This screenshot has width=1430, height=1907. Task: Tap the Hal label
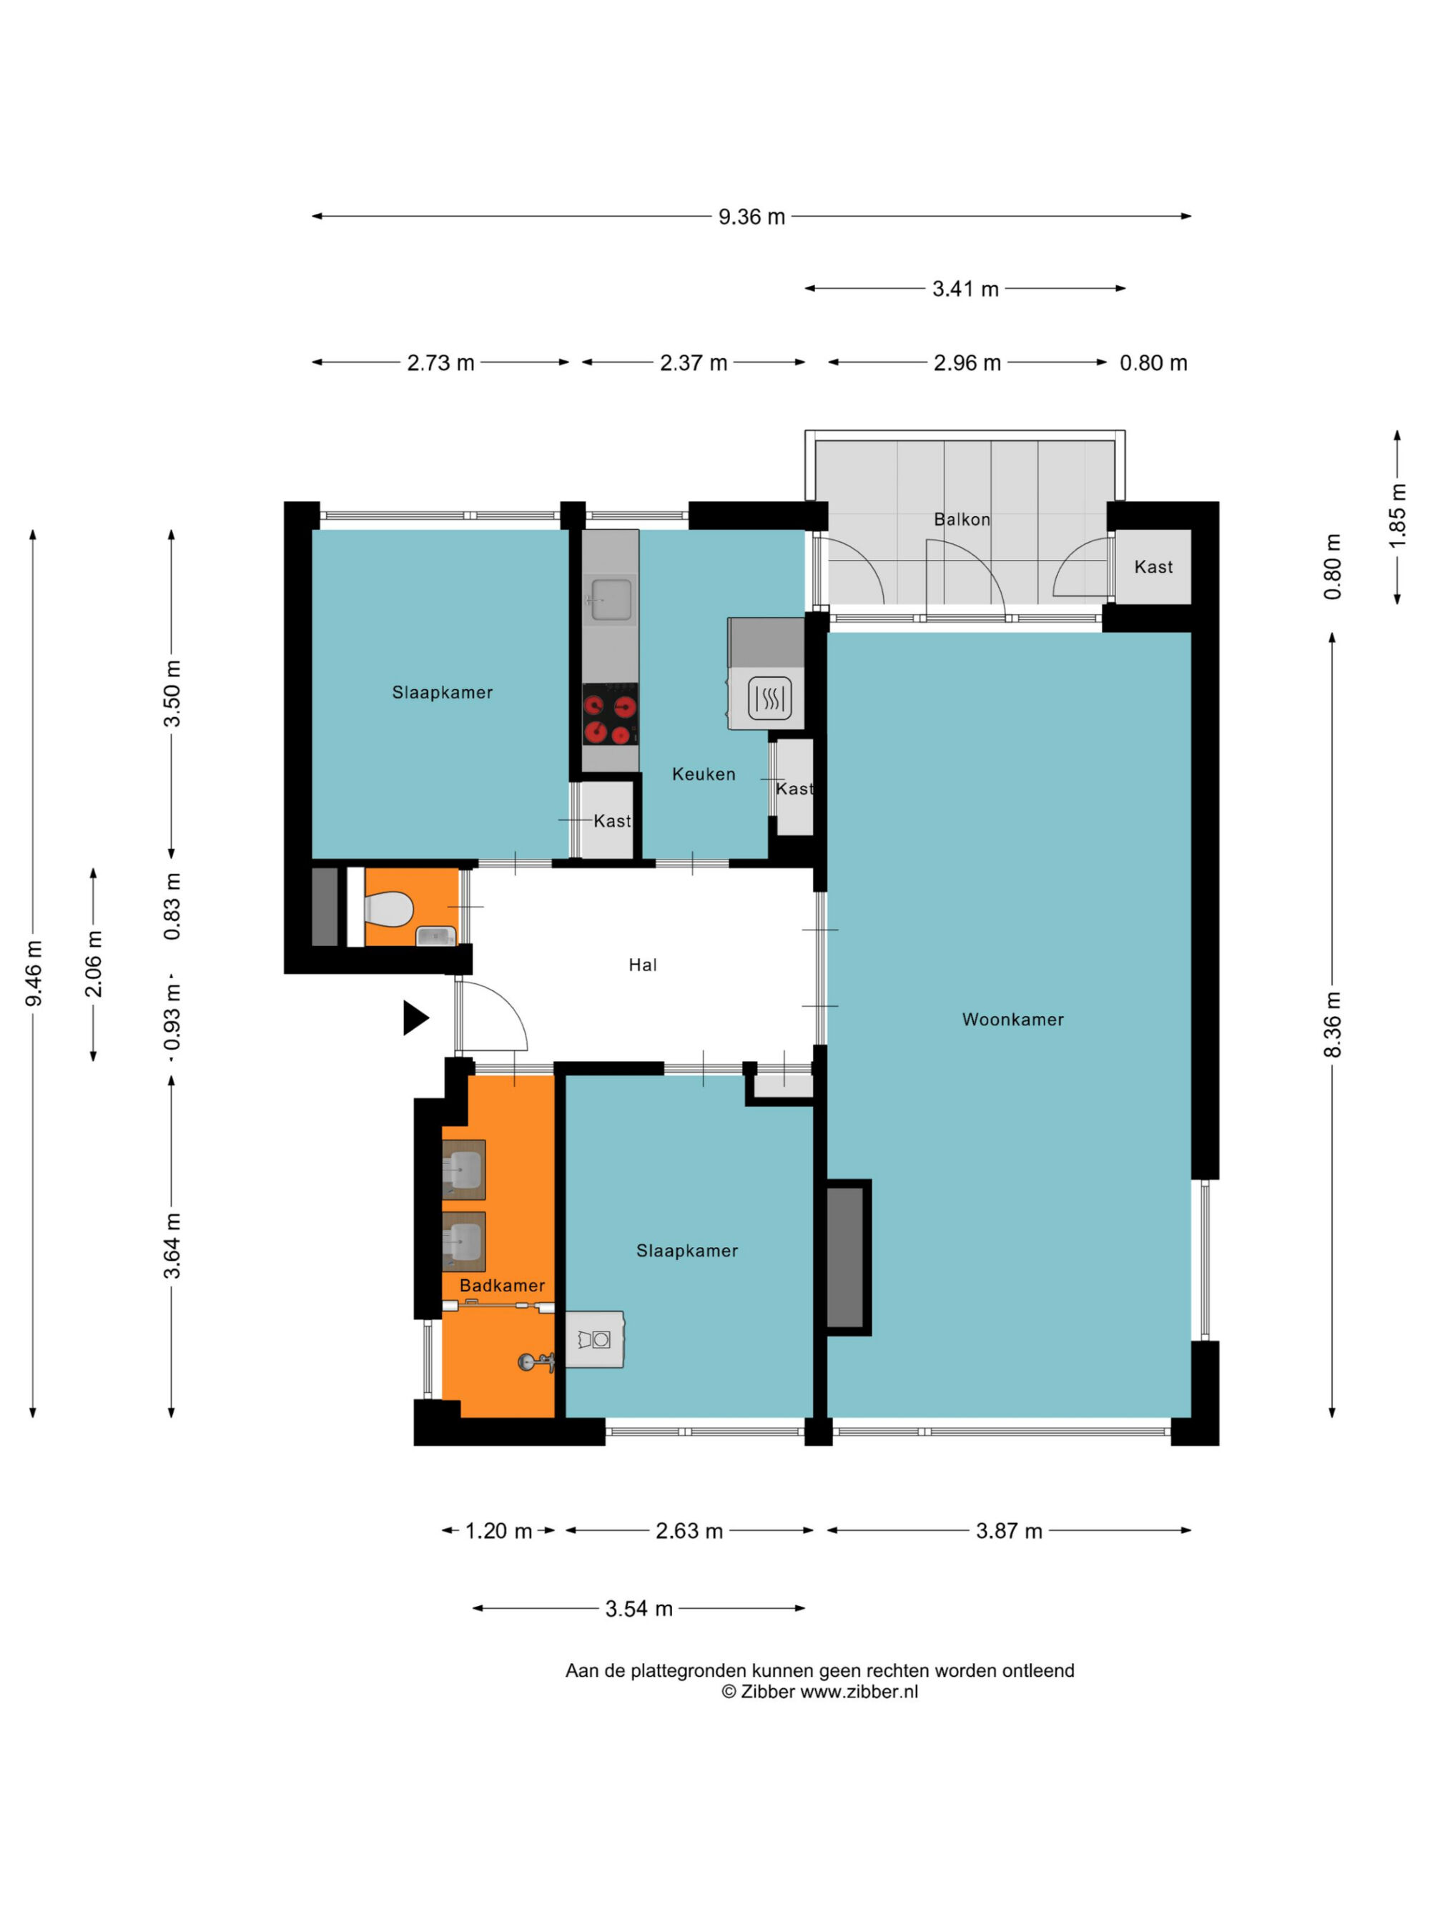(642, 965)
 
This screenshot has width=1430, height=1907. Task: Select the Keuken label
(704, 774)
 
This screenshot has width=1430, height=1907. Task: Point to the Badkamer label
(502, 1286)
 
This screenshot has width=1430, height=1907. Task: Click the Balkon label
(962, 519)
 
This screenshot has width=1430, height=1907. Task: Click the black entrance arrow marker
(416, 1017)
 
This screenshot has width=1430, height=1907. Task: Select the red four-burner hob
(611, 714)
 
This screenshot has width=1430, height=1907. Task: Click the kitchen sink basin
(611, 600)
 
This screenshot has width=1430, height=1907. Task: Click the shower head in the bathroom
(534, 1362)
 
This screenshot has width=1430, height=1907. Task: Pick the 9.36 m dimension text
(751, 217)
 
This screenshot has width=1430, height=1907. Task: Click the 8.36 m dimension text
(1333, 1024)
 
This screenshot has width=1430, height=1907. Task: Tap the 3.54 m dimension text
(638, 1609)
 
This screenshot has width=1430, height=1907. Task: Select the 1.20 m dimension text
(498, 1531)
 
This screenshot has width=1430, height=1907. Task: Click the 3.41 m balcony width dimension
(965, 289)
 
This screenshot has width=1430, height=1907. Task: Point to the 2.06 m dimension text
(93, 964)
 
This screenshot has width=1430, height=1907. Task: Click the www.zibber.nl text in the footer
(859, 1692)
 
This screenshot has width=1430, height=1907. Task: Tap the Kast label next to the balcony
(1153, 566)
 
